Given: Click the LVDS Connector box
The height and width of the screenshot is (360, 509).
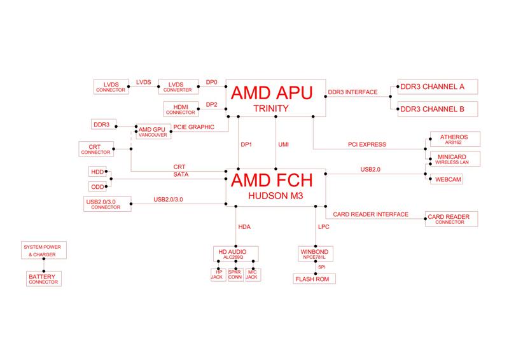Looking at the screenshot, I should (x=111, y=86).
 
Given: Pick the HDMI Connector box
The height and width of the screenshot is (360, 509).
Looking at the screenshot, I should (x=180, y=109).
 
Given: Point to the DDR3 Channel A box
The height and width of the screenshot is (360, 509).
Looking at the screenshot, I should (x=436, y=87).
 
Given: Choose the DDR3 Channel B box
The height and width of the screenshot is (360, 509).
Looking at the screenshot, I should (x=436, y=109).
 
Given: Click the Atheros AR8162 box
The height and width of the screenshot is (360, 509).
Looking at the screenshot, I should (x=452, y=139).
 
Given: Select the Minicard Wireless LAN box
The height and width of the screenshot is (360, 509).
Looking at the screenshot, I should (x=452, y=159).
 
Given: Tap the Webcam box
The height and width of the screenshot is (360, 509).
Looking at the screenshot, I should (x=448, y=179).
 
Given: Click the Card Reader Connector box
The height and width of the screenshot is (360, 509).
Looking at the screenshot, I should (x=452, y=219).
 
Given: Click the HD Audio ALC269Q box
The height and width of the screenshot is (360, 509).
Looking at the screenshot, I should (x=236, y=254).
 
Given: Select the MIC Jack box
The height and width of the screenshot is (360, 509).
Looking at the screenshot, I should (x=253, y=275).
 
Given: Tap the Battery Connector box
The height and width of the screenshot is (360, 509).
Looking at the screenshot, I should (x=43, y=279).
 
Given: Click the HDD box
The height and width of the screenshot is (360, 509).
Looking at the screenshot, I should (x=97, y=172).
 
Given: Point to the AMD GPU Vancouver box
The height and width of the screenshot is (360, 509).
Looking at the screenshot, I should (x=152, y=132).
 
